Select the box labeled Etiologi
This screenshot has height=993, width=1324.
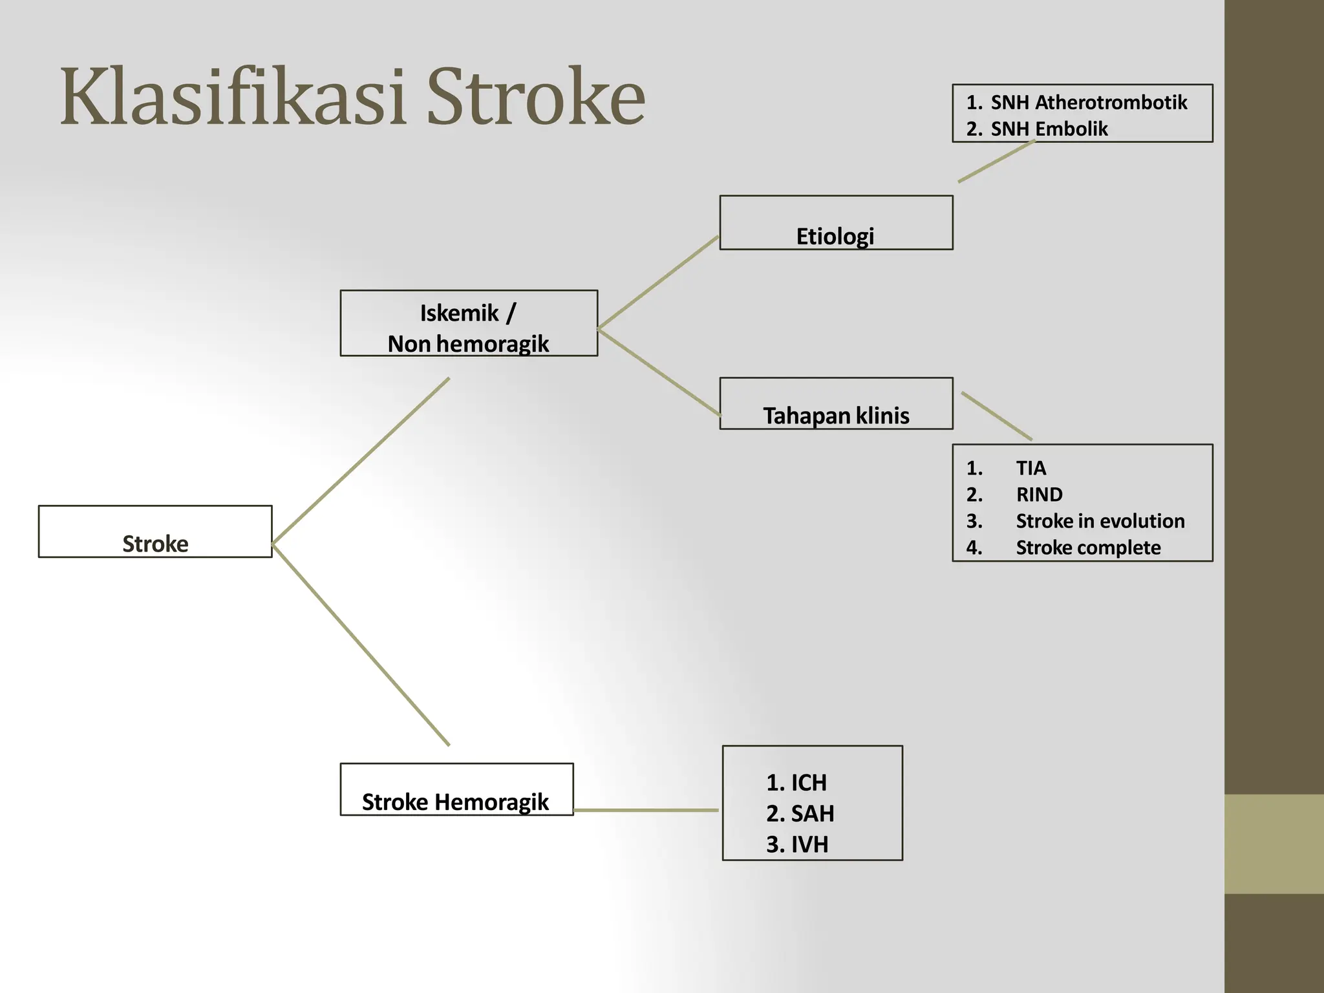835,223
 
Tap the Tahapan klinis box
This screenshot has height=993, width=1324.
835,404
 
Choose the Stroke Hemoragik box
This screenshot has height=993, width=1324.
456,789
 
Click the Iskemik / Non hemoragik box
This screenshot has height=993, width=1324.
468,323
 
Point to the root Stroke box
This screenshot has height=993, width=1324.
155,531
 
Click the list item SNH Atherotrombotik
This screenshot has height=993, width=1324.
1088,102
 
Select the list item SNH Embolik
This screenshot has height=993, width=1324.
1049,129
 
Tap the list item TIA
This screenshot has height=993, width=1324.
1030,467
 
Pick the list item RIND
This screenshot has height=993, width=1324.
1039,495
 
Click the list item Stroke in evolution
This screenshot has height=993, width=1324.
1100,521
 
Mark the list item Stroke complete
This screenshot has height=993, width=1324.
1088,548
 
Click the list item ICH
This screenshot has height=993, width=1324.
808,783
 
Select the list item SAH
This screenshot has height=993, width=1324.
812,813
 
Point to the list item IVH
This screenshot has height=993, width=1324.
809,844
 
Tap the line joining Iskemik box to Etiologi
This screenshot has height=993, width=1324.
658,283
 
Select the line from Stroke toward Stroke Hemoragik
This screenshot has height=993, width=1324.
361,645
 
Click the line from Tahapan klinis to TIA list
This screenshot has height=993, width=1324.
996,416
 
